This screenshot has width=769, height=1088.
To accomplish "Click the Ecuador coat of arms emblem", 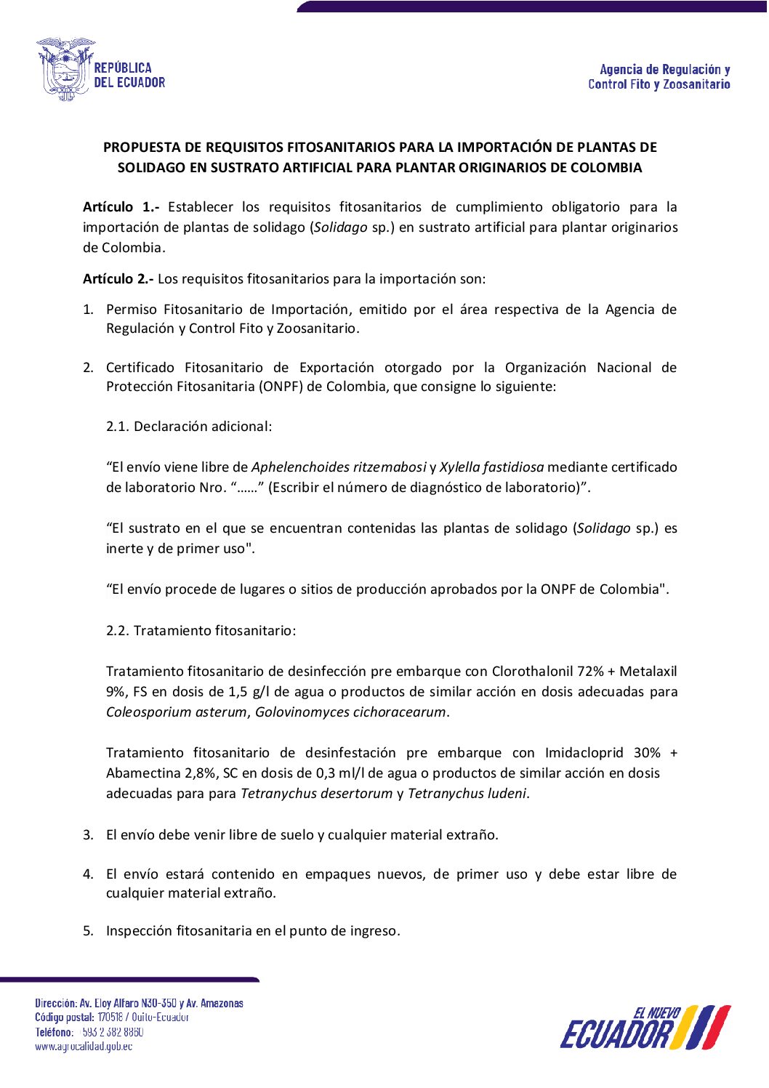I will (x=65, y=69).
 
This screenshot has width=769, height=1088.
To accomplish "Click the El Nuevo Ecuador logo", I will (x=645, y=1028).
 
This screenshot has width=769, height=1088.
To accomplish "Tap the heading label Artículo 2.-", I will (x=118, y=278).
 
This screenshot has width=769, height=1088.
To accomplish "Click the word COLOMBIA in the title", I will (x=606, y=168).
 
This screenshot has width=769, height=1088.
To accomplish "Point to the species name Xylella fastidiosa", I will (x=491, y=467).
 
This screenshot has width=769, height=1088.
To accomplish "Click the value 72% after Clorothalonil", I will (x=590, y=672).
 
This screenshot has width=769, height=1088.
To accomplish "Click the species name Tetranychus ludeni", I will (x=467, y=794).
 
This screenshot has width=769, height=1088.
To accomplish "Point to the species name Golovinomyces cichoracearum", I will (x=350, y=712).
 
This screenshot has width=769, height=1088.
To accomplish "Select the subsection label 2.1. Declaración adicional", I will (x=189, y=427).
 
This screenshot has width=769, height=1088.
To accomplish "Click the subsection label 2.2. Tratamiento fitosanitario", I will (x=201, y=631).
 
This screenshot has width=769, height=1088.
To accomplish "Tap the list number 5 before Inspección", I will (x=87, y=931).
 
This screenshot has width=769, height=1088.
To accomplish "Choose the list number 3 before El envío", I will (x=87, y=835).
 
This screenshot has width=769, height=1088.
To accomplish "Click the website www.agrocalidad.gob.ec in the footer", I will (x=84, y=1047).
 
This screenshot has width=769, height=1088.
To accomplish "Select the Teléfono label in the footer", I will (x=54, y=1032).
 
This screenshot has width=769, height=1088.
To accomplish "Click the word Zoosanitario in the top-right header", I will (x=696, y=85).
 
